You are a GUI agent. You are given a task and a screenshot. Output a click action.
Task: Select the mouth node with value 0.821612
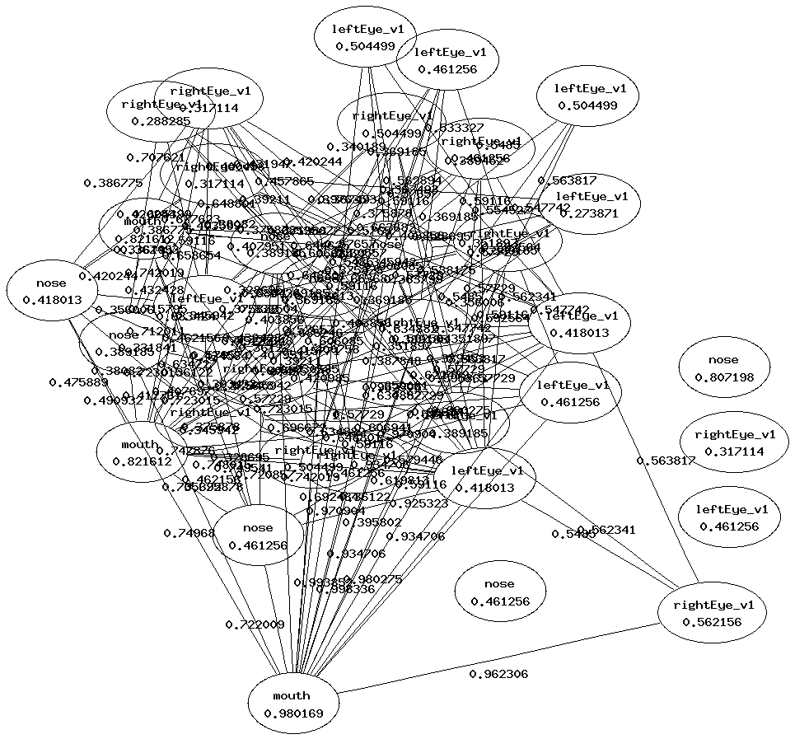pyautogui.click(x=138, y=452)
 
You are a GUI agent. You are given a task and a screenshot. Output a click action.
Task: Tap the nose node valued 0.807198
pyautogui.click(x=723, y=368)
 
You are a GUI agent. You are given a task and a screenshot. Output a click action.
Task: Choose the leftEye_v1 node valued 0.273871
pyautogui.click(x=592, y=204)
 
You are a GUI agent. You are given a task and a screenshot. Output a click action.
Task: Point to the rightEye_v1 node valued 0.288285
pyautogui.click(x=161, y=112)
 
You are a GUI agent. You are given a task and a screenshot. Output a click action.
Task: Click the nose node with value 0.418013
pyautogui.click(x=52, y=292)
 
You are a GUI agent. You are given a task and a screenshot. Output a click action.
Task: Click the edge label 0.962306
pyautogui.click(x=498, y=674)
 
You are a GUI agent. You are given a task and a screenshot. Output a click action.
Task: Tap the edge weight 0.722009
pyautogui.click(x=255, y=624)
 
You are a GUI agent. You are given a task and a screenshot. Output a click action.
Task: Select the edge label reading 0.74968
pyautogui.click(x=189, y=533)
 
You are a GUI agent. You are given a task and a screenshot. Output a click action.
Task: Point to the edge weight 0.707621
pyautogui.click(x=155, y=157)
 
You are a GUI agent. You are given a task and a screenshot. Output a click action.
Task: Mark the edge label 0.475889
pyautogui.click(x=78, y=382)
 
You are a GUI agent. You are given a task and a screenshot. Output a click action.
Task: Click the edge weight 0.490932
pyautogui.click(x=113, y=400)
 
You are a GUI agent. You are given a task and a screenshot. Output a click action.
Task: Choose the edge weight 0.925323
pyautogui.click(x=419, y=503)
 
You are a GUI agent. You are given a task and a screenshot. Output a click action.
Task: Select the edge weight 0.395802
pyautogui.click(x=372, y=522)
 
